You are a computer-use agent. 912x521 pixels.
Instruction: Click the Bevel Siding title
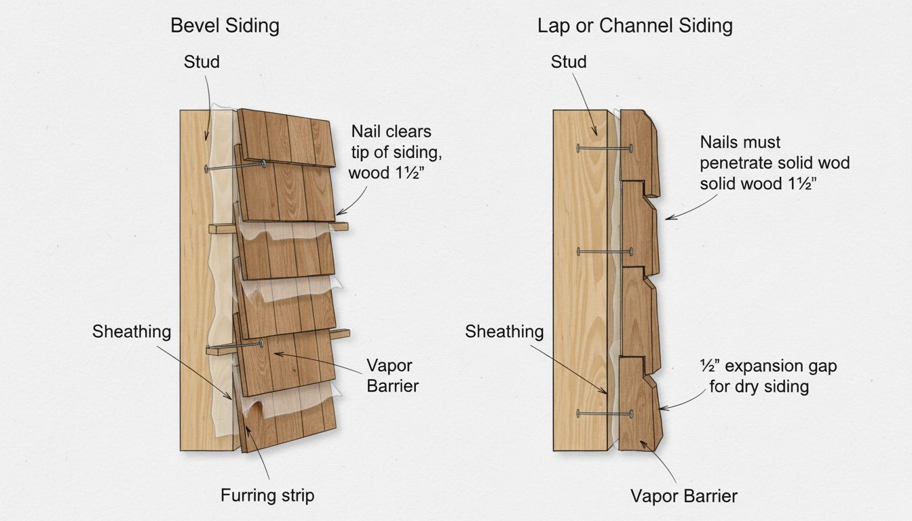point(225,26)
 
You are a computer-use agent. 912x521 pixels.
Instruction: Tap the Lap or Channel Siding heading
point(634,26)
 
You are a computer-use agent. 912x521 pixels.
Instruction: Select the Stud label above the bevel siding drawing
point(202,62)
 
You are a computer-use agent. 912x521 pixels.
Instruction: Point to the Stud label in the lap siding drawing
point(569,62)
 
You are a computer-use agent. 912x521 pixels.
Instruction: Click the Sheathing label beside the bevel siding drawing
point(132,332)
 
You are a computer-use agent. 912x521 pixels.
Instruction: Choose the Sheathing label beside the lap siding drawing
point(504,332)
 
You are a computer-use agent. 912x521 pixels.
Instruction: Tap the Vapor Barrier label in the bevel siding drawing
point(392,375)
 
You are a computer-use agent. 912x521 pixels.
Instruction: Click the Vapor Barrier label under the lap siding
point(683,496)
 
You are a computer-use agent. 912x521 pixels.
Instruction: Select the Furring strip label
point(267,495)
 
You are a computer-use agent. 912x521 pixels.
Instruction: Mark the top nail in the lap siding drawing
point(603,148)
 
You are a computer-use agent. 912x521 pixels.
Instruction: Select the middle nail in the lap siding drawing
point(603,252)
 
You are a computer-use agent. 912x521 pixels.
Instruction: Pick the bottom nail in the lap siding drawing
point(603,413)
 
